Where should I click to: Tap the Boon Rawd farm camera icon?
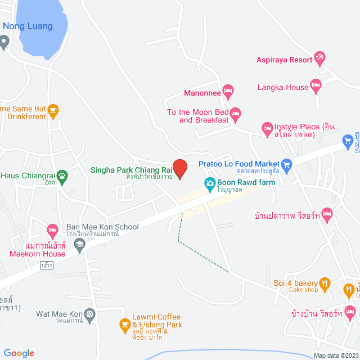click(x=209, y=183)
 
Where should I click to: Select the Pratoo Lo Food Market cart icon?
click(x=287, y=164)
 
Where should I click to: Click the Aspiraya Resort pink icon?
click(x=319, y=57)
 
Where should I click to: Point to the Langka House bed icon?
click(x=316, y=86)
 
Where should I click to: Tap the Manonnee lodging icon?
click(x=228, y=90)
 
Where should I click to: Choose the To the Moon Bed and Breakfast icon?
click(x=236, y=114)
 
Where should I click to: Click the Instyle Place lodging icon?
click(x=268, y=129)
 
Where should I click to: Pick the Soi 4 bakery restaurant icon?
click(x=325, y=283)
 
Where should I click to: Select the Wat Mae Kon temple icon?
click(x=91, y=313)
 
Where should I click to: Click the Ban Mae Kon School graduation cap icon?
click(x=79, y=244)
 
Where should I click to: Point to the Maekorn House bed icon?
click(x=52, y=229)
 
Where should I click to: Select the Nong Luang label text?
click(x=28, y=26)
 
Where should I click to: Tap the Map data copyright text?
click(x=336, y=355)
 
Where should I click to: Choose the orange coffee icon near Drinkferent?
click(x=53, y=109)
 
